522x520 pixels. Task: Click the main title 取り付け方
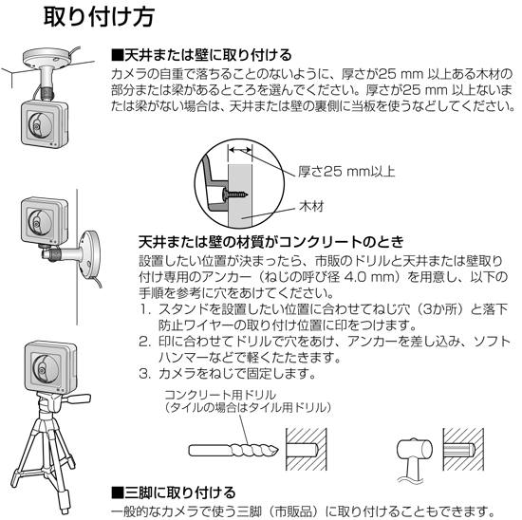tap(99, 17)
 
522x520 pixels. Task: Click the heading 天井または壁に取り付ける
tap(201, 55)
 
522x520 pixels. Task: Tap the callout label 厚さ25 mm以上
tap(346, 172)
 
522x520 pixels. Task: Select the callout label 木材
tap(311, 207)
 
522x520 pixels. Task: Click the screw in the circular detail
tap(235, 193)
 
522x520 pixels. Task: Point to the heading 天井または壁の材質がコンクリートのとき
tap(271, 242)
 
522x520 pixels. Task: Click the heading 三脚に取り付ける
tap(174, 492)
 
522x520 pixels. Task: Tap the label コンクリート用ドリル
tap(220, 395)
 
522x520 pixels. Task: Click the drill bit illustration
tap(233, 451)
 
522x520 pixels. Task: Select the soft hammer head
tap(415, 451)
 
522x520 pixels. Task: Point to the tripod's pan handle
tap(79, 398)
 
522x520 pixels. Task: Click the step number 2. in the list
tap(145, 342)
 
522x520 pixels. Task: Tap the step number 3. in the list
tap(145, 374)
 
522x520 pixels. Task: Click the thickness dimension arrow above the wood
tap(240, 150)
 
